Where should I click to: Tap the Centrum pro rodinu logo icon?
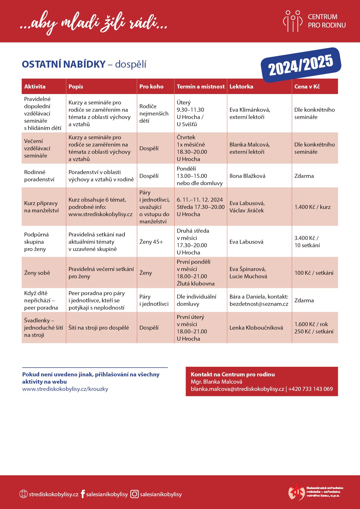[293, 21]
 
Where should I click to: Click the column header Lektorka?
[241, 86]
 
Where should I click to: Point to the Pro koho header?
[151, 86]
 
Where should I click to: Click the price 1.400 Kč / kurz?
[312, 207]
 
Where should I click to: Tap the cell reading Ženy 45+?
[151, 242]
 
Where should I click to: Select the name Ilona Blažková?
[247, 176]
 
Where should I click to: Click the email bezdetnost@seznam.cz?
[259, 304]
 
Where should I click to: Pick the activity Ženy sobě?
[37, 273]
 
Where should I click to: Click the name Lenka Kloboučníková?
[256, 328]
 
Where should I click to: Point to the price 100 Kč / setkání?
[314, 273]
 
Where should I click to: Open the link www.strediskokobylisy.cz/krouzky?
[65, 389]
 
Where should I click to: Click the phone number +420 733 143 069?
[310, 389]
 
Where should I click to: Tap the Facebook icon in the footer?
[83, 494]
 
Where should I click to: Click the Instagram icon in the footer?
[134, 494]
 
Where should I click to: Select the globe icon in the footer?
[23, 494]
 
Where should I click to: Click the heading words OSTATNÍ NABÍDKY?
[64, 64]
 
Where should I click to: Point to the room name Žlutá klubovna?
[196, 284]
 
